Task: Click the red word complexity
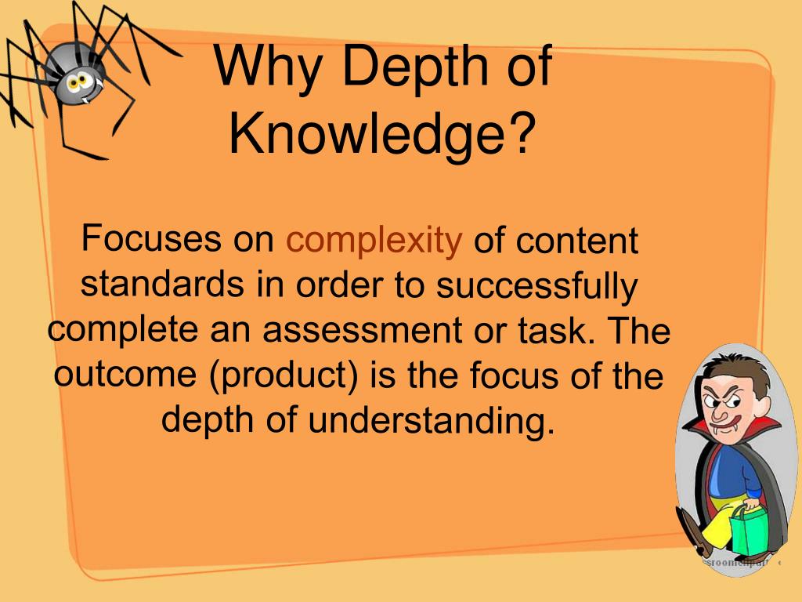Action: (x=374, y=241)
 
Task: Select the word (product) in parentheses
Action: (x=285, y=375)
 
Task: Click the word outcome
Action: (x=125, y=375)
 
